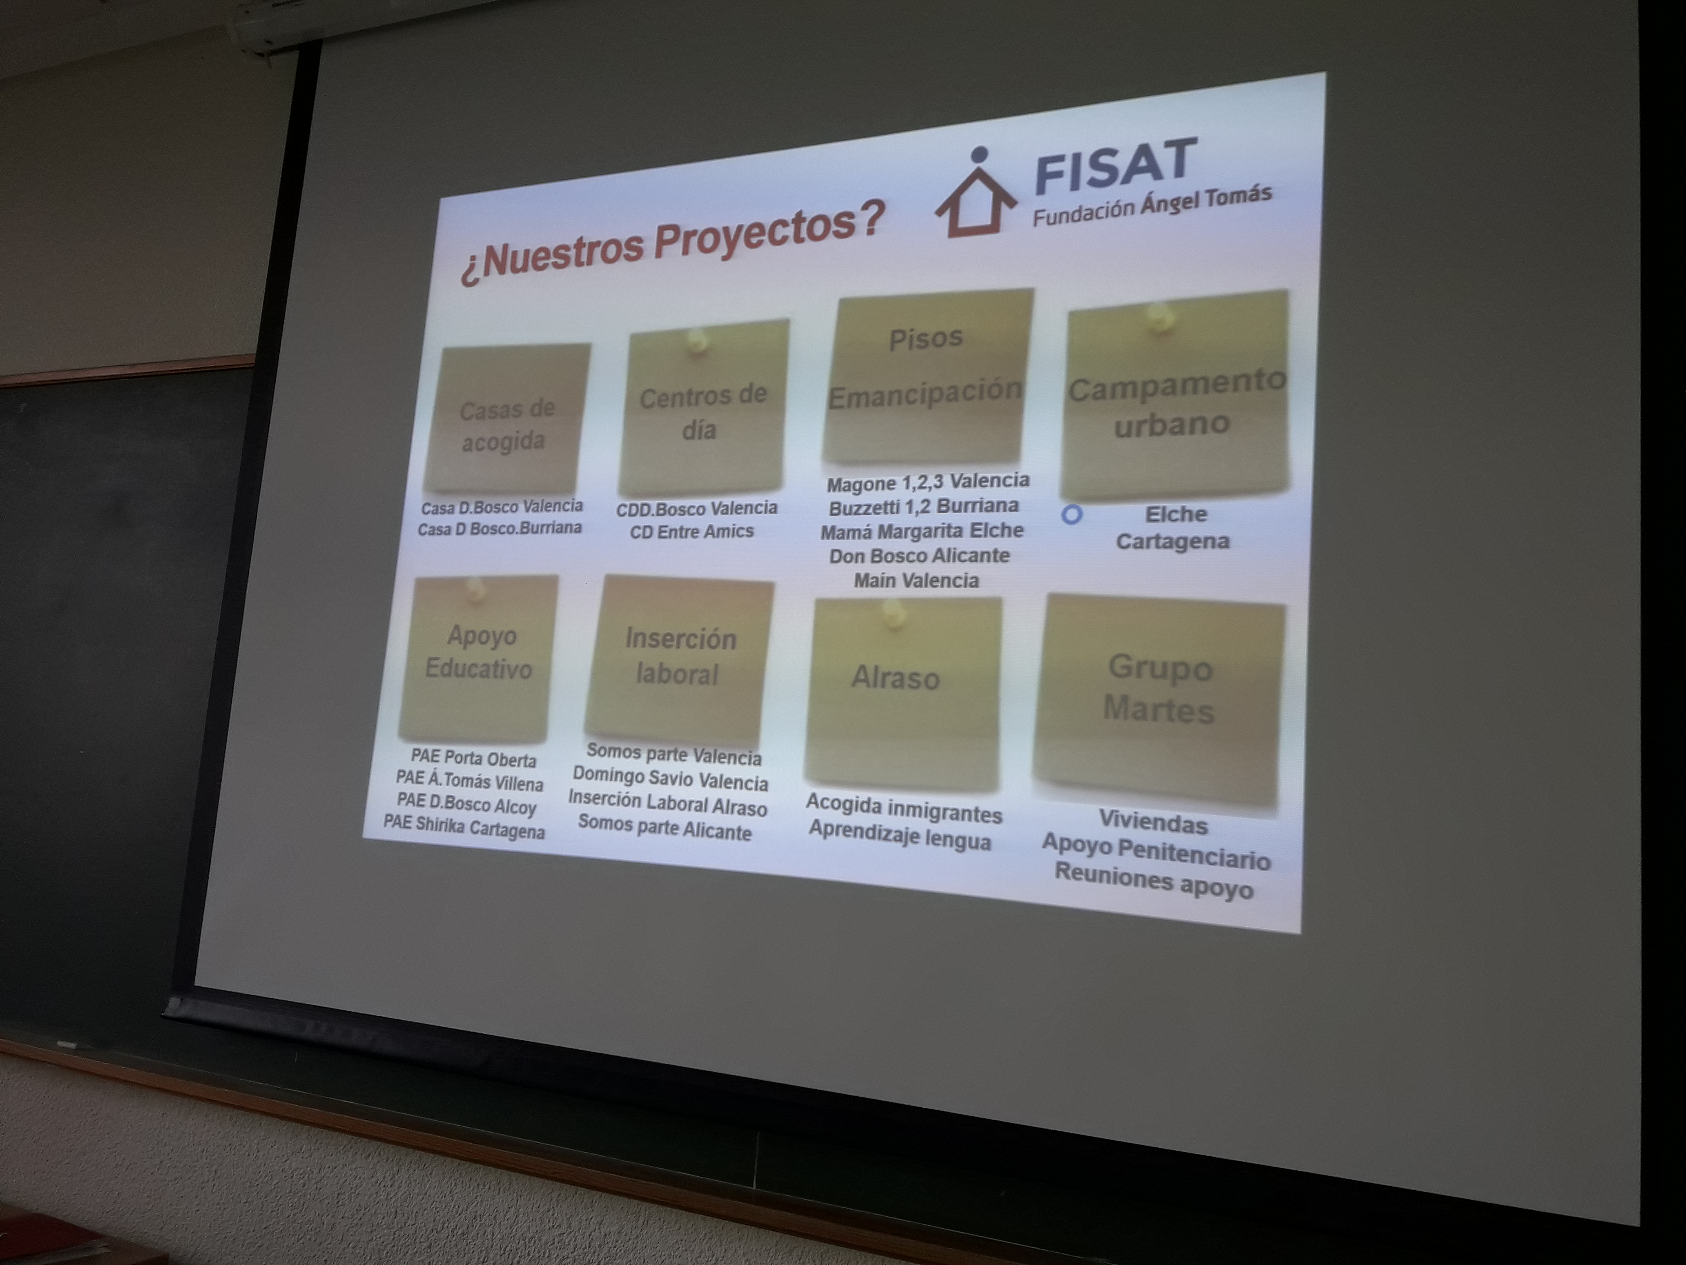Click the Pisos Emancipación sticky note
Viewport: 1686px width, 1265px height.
[x=927, y=376]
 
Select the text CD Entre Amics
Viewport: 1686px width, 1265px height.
[x=691, y=532]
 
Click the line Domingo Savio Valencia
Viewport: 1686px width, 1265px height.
[x=670, y=778]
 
